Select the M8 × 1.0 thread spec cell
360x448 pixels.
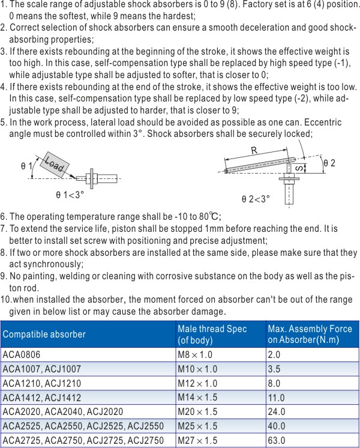click(193, 355)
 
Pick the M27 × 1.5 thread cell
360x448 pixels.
click(196, 440)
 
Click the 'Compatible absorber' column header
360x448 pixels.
click(44, 334)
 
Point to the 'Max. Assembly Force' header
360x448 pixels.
click(310, 328)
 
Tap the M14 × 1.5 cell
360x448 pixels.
click(196, 398)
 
